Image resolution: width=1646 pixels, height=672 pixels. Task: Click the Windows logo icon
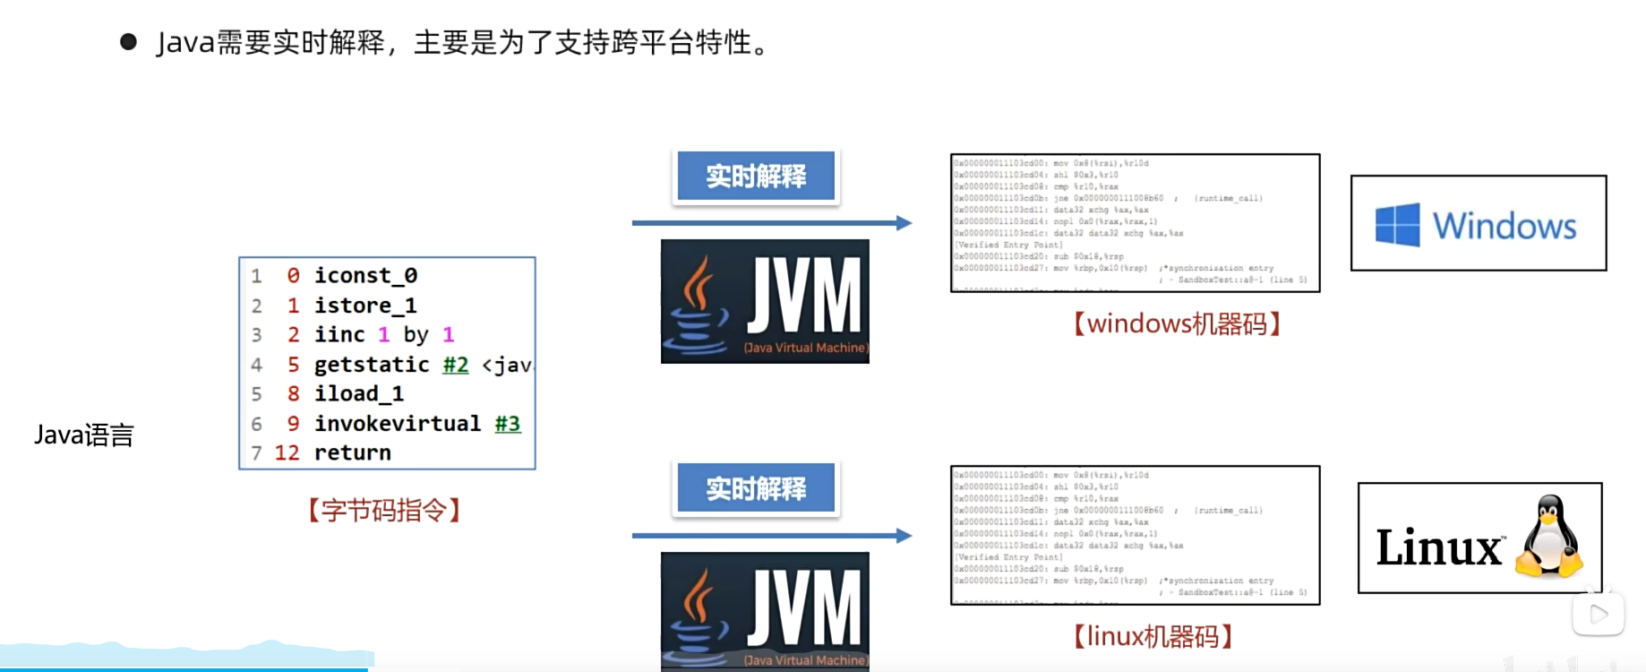coord(1397,224)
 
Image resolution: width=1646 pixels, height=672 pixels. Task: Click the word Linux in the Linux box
coord(1438,547)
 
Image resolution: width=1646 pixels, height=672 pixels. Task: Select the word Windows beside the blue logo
coord(1505,226)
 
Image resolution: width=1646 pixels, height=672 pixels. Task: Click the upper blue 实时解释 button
coord(756,176)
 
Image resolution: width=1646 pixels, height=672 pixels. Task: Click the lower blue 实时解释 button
coord(756,488)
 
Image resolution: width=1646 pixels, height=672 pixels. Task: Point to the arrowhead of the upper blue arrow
coord(904,223)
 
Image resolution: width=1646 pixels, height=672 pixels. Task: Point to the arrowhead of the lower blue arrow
coord(904,536)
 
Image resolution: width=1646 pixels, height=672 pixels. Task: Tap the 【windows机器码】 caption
coord(1177,323)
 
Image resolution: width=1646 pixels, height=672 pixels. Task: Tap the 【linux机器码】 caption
coord(1153,636)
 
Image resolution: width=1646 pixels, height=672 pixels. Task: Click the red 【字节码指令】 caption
coord(384,511)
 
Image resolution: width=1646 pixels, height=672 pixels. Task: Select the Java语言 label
coord(84,435)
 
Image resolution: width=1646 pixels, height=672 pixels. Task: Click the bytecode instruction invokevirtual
coord(398,423)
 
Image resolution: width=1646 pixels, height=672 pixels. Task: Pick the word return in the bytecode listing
coord(353,452)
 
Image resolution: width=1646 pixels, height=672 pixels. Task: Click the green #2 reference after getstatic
coord(456,365)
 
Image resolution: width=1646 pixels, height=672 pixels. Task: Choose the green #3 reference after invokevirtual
coord(508,423)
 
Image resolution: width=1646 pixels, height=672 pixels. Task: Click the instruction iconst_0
coord(365,275)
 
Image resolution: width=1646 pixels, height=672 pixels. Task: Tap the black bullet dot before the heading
coord(128,42)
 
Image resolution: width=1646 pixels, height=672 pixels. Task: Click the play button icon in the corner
coord(1598,615)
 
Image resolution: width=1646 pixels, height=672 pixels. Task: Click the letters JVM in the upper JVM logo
coord(803,296)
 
